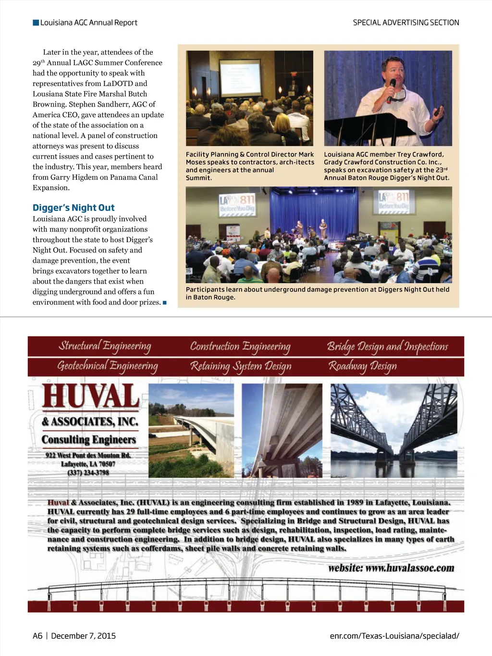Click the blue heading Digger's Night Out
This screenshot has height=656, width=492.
point(74,208)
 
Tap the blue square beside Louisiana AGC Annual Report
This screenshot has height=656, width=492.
point(36,23)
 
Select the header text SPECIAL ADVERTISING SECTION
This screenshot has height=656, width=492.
point(406,23)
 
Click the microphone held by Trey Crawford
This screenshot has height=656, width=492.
point(391,88)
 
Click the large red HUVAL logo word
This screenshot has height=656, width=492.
point(91,397)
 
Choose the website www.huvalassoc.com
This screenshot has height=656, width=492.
point(391,568)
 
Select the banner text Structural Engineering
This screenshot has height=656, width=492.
point(105,346)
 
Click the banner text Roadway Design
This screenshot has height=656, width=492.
point(362,366)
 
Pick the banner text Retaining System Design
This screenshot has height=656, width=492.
point(241,366)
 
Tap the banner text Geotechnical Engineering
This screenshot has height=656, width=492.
point(108,366)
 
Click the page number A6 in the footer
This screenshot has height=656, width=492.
point(37,636)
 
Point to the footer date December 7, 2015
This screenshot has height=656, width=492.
point(83,636)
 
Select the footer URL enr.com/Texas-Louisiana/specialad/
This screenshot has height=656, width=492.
point(394,636)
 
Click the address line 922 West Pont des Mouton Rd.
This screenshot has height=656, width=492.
point(88,455)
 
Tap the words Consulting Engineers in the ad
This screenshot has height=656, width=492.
point(89,440)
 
